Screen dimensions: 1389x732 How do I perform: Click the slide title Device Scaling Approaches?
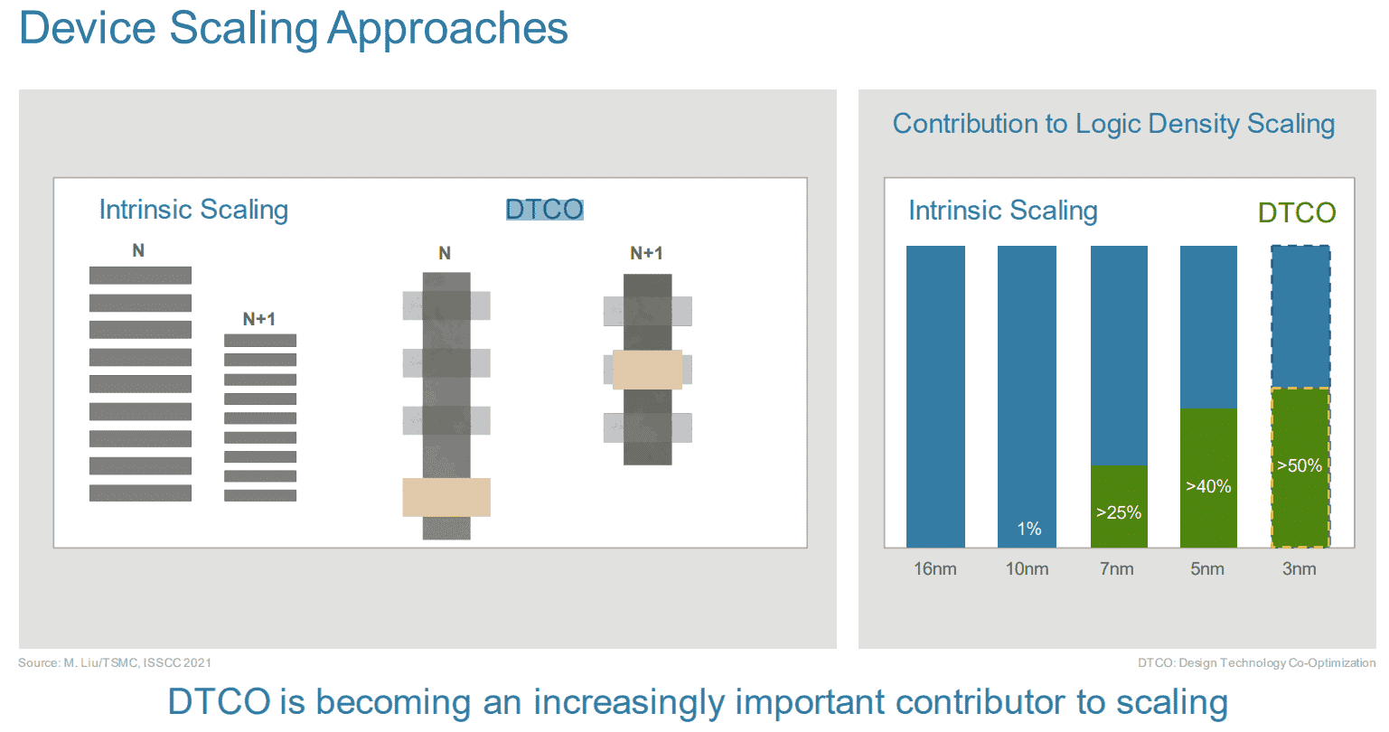[x=294, y=29]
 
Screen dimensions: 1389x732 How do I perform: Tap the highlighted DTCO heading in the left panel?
[x=544, y=209]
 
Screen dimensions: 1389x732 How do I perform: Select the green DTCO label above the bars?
[x=1297, y=212]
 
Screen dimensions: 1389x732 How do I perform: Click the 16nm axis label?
[x=935, y=568]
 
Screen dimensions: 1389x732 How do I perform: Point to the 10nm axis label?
[x=1027, y=568]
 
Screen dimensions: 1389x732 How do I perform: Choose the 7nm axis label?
[x=1117, y=568]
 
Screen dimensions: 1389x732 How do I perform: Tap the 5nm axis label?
[x=1207, y=568]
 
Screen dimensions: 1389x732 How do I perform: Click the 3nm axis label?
[x=1300, y=568]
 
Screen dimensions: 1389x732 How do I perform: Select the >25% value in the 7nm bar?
[x=1119, y=512]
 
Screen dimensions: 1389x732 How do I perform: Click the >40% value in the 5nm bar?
[x=1208, y=486]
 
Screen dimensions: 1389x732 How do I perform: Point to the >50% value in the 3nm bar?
[x=1300, y=465]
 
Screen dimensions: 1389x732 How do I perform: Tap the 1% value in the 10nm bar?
[x=1029, y=529]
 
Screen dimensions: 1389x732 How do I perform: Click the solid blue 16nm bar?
[x=935, y=397]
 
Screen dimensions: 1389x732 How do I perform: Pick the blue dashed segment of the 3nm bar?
[x=1300, y=316]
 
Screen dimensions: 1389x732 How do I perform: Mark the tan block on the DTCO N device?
[x=446, y=497]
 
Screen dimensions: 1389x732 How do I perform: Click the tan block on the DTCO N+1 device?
[x=647, y=370]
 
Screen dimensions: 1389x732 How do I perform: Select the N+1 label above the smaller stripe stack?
[x=258, y=320]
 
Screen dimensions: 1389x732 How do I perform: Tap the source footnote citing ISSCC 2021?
[x=115, y=662]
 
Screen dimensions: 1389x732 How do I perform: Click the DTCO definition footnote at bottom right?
[x=1257, y=662]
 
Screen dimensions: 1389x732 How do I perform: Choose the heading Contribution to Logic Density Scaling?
[x=1113, y=124]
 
